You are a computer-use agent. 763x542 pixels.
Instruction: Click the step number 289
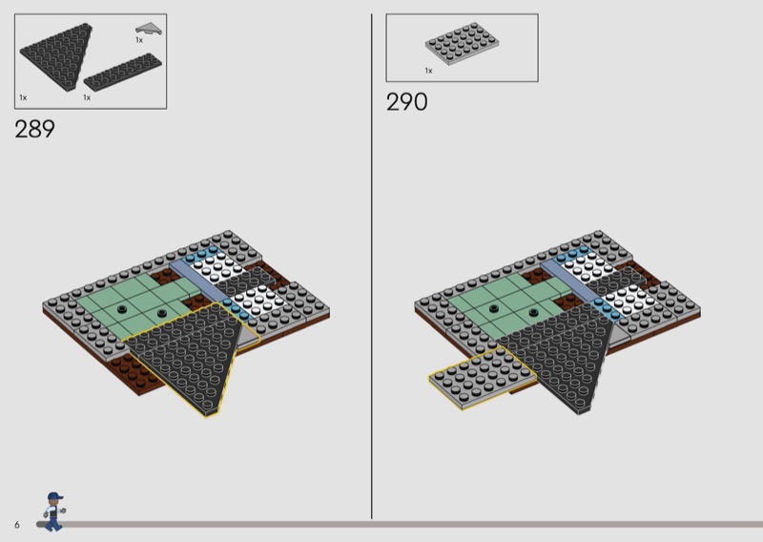pos(34,129)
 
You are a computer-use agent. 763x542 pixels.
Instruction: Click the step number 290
pos(407,102)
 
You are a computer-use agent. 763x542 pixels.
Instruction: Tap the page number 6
pos(17,525)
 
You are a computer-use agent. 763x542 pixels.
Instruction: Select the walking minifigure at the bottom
pos(54,511)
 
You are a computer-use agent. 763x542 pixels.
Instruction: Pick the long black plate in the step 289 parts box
pos(123,73)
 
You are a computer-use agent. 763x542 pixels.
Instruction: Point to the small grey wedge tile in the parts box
pos(149,29)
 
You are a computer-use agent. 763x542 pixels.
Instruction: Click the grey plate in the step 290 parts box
pos(462,43)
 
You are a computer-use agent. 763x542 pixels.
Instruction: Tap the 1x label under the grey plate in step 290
pos(428,71)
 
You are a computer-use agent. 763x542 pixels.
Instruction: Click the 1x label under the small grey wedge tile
pos(139,40)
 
